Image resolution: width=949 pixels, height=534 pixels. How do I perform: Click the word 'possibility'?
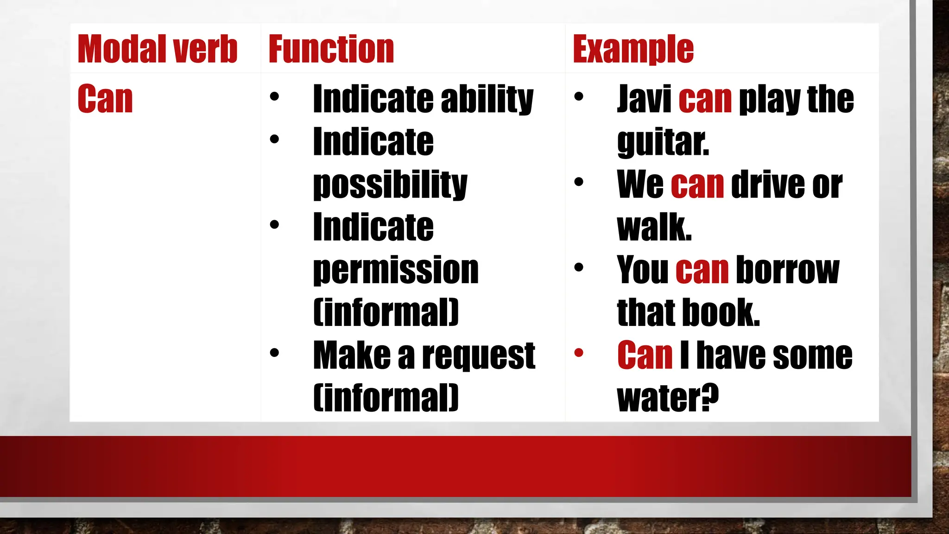coord(390,184)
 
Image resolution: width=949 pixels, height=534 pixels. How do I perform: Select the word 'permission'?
coord(396,270)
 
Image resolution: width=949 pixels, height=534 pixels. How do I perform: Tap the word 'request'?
coord(479,356)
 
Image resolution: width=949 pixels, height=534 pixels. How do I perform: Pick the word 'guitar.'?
coord(663,142)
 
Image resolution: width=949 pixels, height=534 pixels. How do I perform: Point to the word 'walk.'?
coord(654,228)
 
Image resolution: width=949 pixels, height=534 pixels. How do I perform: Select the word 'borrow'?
coord(787,270)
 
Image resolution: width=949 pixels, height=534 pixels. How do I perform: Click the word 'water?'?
coord(668,399)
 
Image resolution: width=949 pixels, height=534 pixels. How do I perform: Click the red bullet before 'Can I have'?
coord(579,353)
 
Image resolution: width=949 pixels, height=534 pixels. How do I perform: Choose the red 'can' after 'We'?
coord(697,184)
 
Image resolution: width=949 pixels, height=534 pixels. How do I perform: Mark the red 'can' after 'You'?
coord(702,270)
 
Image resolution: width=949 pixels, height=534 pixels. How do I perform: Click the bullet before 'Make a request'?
coord(274,353)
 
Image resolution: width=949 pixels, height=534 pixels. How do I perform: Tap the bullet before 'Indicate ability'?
coord(274,96)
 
